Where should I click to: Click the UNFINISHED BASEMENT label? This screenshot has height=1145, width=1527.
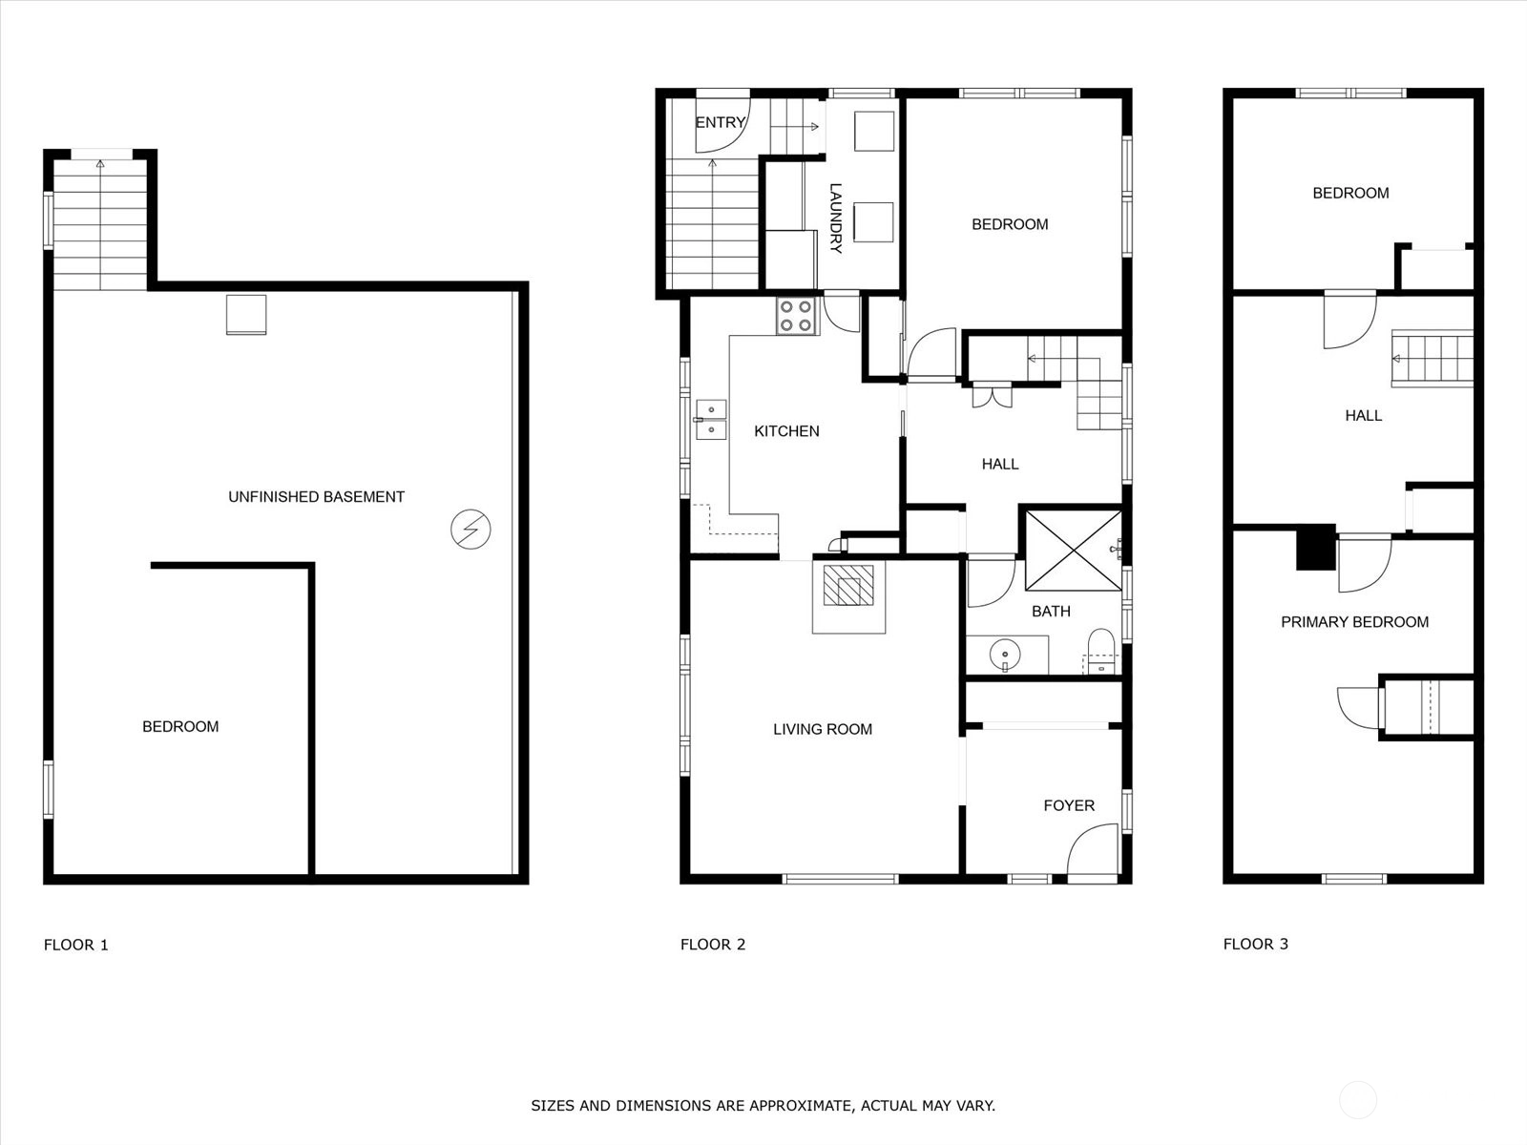(x=317, y=496)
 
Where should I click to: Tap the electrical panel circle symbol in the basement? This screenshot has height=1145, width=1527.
(x=471, y=529)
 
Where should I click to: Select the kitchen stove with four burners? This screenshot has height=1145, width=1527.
(x=797, y=316)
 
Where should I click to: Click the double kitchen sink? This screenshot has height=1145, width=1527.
(x=711, y=419)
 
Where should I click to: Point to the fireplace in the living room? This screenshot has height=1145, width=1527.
(x=848, y=596)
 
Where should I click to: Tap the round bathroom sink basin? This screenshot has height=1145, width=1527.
(x=1004, y=654)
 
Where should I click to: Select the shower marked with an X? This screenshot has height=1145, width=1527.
(x=1074, y=551)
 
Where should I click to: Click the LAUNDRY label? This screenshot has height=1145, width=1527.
(x=835, y=218)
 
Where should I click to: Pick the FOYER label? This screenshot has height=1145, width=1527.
(x=1069, y=805)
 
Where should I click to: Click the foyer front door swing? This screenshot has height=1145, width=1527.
(x=1093, y=853)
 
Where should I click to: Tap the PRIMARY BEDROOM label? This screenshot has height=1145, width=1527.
(x=1354, y=621)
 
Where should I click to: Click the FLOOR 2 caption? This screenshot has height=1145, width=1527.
(x=712, y=944)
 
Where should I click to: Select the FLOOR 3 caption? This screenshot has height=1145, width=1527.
(x=1256, y=944)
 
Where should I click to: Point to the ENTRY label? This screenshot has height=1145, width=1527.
(x=721, y=122)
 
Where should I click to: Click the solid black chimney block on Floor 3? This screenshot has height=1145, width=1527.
(x=1315, y=547)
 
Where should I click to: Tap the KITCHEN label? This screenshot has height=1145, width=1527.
(x=786, y=431)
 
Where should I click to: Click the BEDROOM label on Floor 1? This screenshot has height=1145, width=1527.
(x=180, y=726)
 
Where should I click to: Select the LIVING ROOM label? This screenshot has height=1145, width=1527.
(x=823, y=729)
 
